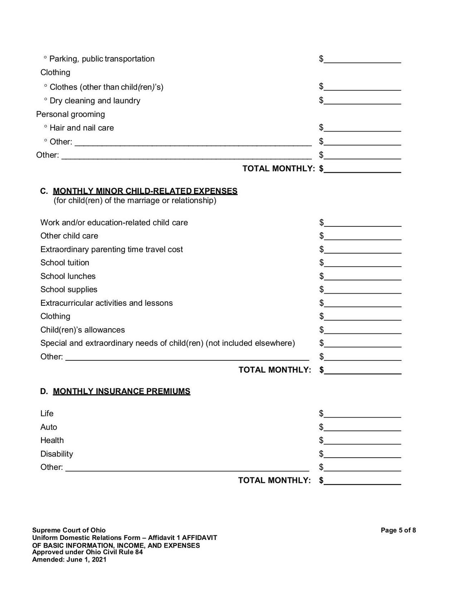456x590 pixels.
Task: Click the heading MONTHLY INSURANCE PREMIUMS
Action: point(121,391)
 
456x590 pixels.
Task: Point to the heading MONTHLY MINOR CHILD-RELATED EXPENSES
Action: point(145,191)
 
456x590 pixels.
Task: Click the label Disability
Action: point(57,454)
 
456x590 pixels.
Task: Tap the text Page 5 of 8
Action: point(398,530)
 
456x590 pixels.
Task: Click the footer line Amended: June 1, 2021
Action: point(69,559)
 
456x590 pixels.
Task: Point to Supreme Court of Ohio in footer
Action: point(69,530)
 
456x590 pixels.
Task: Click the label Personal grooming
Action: point(70,114)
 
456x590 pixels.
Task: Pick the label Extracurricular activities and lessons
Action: point(106,303)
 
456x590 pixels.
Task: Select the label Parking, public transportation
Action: point(102,59)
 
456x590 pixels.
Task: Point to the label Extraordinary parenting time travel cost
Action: point(112,249)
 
